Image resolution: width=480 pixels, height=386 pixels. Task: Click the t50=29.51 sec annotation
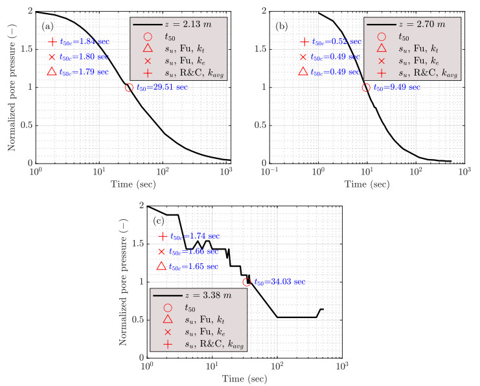coord(162,88)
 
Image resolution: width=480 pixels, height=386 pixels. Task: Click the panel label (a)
coord(47,27)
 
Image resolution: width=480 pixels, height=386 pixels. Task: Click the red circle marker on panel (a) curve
coord(129,87)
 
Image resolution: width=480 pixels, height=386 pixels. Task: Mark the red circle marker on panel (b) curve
coord(366,87)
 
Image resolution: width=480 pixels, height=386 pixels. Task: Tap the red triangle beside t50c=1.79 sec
coord(52,72)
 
